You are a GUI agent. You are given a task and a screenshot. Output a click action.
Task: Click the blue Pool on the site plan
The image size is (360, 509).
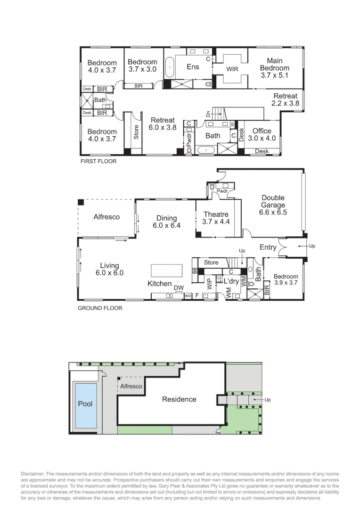click(85, 404)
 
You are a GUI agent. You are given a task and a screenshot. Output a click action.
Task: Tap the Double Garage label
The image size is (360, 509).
click(273, 205)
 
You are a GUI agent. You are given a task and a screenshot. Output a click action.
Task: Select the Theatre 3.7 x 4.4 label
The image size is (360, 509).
click(216, 218)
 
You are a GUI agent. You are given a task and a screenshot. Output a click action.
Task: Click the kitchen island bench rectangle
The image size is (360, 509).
click(166, 271)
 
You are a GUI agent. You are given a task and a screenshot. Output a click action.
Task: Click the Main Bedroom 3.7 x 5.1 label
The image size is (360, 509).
click(274, 67)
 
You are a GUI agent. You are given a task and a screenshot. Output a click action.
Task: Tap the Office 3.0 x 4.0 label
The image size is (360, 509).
click(262, 135)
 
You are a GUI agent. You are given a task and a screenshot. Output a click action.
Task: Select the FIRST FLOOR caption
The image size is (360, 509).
click(98, 161)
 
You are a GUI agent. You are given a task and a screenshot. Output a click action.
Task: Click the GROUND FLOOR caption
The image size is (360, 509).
click(100, 308)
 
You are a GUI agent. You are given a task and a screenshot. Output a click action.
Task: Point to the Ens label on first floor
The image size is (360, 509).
click(193, 67)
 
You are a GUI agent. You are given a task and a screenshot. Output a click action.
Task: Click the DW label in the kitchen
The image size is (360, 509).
click(179, 287)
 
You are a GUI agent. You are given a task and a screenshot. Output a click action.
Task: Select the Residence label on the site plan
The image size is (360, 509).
click(179, 399)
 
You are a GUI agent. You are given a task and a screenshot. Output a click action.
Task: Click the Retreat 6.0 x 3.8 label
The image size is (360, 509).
click(163, 124)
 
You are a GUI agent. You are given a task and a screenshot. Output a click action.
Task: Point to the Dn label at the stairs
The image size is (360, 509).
click(208, 114)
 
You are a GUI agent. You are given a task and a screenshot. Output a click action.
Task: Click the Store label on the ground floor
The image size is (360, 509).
click(211, 263)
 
